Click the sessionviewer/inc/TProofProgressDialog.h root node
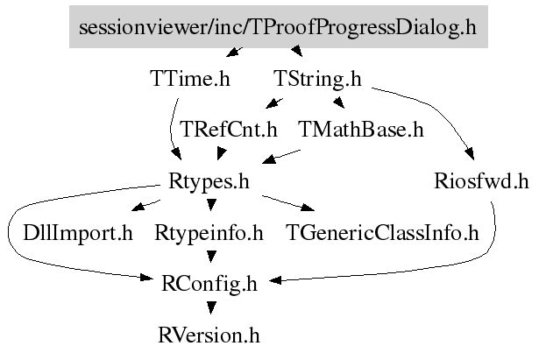279,26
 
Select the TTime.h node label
190,78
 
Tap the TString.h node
317,79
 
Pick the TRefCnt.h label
229,130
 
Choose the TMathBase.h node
361,130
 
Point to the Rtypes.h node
209,181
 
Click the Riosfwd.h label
481,181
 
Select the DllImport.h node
78,233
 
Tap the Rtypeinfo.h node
209,233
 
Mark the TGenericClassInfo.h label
382,233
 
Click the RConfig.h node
209,284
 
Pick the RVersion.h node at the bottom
209,335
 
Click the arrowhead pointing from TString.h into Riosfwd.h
469,153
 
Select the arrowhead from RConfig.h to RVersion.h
211,307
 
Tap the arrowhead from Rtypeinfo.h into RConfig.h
211,257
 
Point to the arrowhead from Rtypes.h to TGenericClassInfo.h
308,208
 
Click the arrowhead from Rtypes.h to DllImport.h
138,206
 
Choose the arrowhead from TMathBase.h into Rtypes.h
270,159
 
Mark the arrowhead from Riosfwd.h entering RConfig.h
275,280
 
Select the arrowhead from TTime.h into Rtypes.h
176,153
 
